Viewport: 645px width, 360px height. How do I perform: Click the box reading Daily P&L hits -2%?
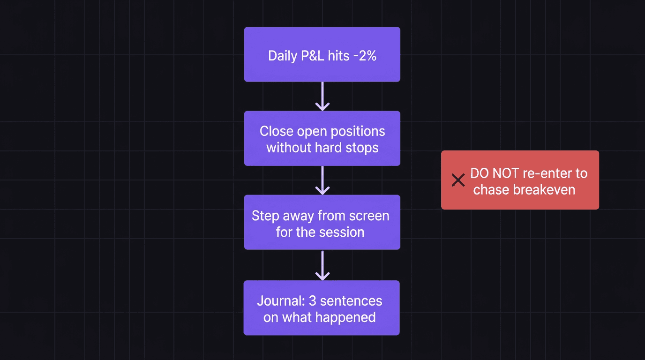tap(322, 54)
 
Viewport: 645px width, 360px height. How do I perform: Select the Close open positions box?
tap(322, 138)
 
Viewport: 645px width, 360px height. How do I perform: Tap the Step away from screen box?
tap(322, 222)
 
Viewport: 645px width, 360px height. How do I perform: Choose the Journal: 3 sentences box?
tap(322, 307)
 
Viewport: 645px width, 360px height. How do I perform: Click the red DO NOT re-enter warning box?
tap(520, 180)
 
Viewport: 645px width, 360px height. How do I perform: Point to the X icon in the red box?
tap(458, 180)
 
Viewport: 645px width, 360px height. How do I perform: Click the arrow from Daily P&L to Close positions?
tap(322, 97)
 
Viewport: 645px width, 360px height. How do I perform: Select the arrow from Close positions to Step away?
tap(322, 181)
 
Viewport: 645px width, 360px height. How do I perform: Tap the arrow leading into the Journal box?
tap(322, 266)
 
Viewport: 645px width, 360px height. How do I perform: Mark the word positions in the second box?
tap(357, 131)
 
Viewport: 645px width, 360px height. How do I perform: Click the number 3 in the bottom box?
tap(313, 300)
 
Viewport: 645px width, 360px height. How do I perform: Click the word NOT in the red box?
tap(505, 173)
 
